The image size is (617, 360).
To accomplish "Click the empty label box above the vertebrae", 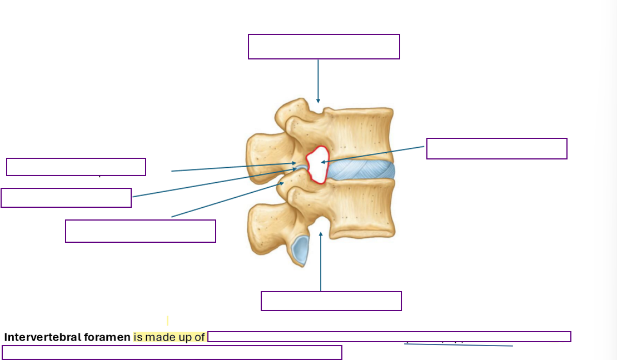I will [324, 47].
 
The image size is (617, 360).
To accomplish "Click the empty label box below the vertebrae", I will [331, 301].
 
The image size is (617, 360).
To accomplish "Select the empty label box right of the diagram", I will [496, 149].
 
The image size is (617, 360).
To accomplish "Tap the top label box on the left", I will [76, 167].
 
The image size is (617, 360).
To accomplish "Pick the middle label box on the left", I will [66, 198].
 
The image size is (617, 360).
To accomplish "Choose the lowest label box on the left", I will [140, 231].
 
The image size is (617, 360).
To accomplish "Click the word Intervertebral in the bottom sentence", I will [37, 337].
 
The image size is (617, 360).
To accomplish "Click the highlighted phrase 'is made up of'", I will [170, 337].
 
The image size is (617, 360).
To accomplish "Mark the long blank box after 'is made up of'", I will [389, 337].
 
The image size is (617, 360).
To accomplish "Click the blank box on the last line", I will [172, 352].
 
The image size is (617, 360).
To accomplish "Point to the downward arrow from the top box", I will [318, 81].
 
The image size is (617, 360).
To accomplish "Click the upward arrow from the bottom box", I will [321, 261].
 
